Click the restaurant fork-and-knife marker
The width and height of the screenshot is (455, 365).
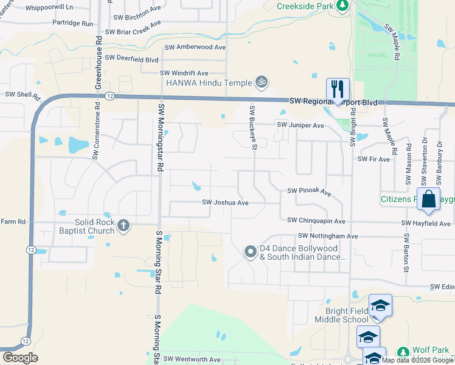click(337, 89)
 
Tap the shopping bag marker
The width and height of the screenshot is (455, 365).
click(428, 199)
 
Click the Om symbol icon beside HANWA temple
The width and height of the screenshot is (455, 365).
click(262, 81)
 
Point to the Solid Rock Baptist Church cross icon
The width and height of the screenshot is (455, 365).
click(123, 226)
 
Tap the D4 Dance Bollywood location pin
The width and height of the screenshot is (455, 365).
click(250, 252)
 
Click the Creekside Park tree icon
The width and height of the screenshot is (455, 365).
click(342, 5)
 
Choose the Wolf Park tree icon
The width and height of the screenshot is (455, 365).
click(403, 352)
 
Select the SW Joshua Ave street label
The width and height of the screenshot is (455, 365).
click(225, 203)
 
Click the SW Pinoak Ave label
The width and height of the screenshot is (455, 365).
click(309, 192)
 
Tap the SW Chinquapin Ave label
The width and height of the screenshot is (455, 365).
click(316, 221)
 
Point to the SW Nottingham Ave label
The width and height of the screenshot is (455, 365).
click(328, 235)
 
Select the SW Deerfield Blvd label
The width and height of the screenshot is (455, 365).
click(131, 59)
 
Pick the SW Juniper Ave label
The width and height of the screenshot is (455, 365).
click(300, 125)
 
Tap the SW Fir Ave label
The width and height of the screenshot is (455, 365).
click(374, 159)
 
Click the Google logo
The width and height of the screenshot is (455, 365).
click(20, 358)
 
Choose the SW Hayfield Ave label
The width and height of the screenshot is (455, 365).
click(426, 224)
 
